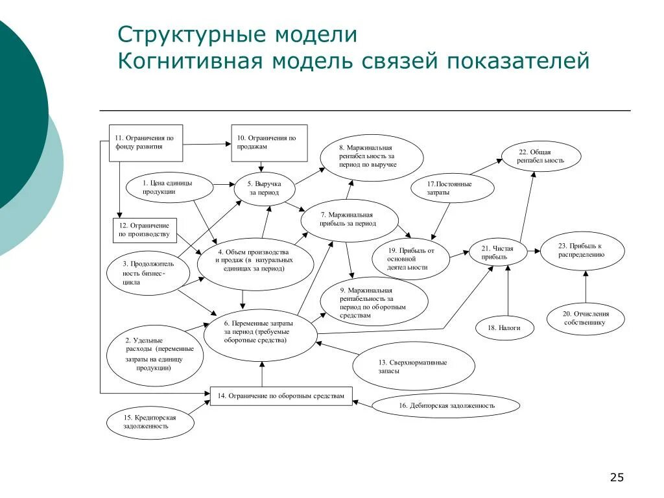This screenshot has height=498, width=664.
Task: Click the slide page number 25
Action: point(616,478)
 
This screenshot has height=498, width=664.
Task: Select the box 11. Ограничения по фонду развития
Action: point(145,143)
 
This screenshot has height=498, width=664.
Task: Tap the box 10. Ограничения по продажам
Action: point(269,143)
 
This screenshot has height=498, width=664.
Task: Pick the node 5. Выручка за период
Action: point(264,189)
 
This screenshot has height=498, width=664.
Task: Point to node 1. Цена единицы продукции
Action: point(169,187)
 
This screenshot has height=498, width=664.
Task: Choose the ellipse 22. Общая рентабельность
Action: point(541,156)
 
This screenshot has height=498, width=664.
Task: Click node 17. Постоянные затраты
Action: point(452,188)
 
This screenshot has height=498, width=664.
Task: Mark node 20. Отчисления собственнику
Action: point(586,318)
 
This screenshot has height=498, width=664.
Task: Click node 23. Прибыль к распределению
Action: point(582,250)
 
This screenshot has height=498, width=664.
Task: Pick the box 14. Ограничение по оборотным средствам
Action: point(281,396)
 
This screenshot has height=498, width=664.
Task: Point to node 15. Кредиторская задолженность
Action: point(150,422)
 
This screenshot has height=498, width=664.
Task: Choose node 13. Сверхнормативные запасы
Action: point(403,366)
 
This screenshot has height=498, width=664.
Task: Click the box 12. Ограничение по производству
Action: point(145,230)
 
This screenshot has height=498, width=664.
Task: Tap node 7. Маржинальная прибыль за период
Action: point(348,219)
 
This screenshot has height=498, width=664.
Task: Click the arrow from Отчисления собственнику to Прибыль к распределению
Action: point(586,286)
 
